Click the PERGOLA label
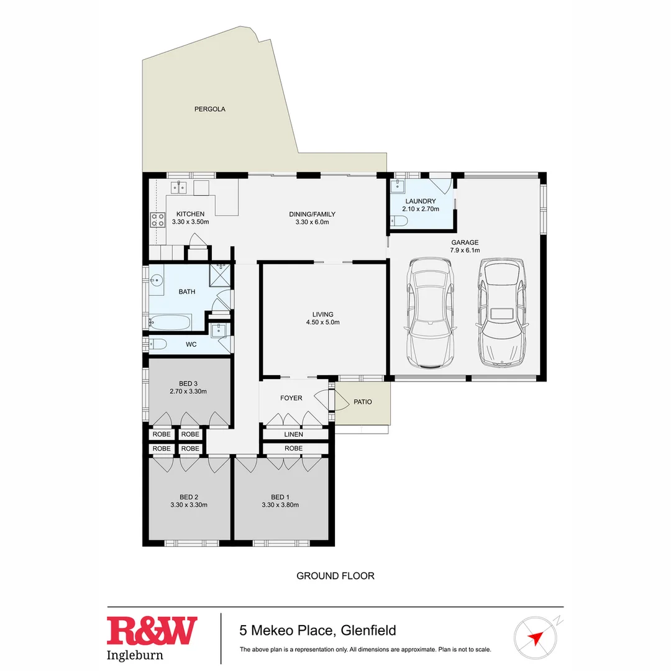[209, 109]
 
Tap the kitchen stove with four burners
[157, 219]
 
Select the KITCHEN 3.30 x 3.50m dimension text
[190, 222]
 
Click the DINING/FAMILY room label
[308, 214]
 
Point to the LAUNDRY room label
[421, 201]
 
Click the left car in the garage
[430, 313]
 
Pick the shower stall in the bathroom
[219, 274]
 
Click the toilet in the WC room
[158, 344]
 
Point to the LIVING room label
[322, 314]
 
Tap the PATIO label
[363, 402]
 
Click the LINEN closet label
[293, 434]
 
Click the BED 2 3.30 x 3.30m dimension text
[188, 505]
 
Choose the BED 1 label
[280, 496]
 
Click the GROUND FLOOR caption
[335, 576]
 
